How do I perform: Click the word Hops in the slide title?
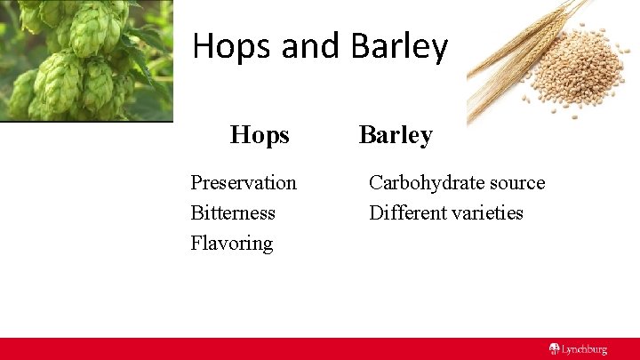click(233, 47)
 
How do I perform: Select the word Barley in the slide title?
click(399, 47)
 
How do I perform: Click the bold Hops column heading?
click(260, 135)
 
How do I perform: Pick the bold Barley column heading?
click(396, 135)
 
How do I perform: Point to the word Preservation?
click(244, 183)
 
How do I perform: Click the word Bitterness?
click(233, 213)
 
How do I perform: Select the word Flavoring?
click(231, 244)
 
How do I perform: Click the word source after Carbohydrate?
click(514, 183)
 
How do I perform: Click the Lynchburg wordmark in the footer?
click(584, 349)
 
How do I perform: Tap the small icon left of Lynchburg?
click(554, 349)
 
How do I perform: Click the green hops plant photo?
click(86, 60)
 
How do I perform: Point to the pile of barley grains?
click(578, 76)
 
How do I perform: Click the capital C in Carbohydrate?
click(375, 183)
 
